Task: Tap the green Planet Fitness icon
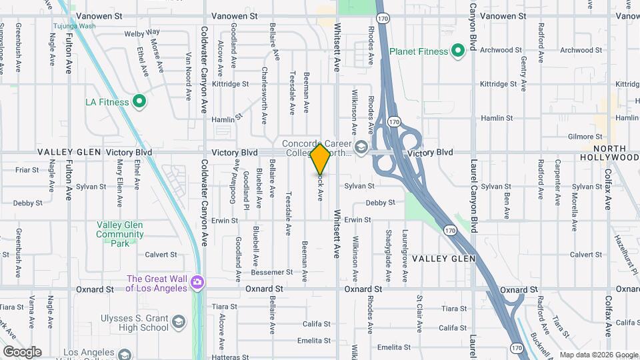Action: click(x=457, y=51)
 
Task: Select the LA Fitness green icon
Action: click(x=139, y=102)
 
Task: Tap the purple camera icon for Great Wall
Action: click(x=196, y=283)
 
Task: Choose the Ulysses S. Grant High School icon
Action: click(x=178, y=323)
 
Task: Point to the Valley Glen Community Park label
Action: click(x=121, y=234)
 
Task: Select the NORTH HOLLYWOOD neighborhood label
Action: click(x=609, y=153)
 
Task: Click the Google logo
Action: click(x=22, y=351)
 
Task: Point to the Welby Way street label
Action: click(x=143, y=32)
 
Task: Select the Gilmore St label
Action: click(x=567, y=137)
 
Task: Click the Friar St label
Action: click(x=27, y=170)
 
